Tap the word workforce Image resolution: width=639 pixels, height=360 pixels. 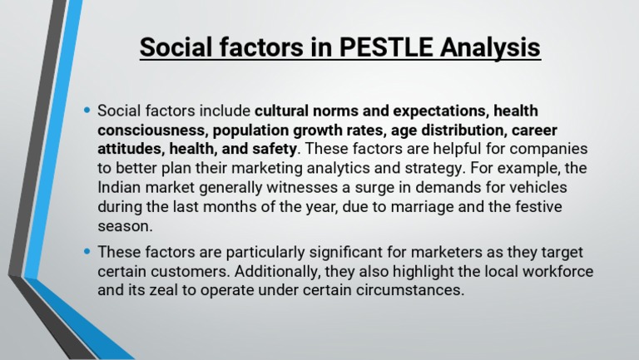click(560, 272)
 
